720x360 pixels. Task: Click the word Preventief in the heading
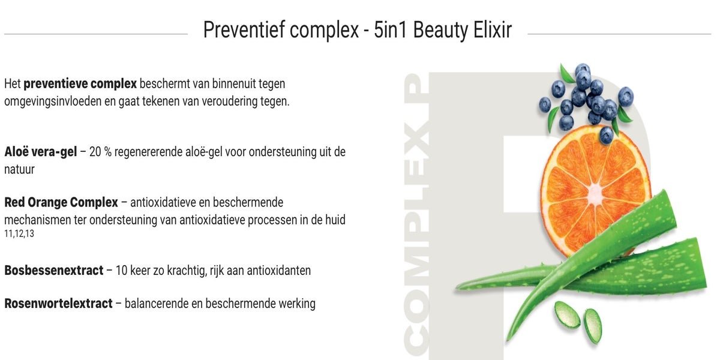click(x=244, y=31)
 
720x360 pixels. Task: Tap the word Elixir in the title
click(x=492, y=30)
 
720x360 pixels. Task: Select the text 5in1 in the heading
click(x=390, y=30)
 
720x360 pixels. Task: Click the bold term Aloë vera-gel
click(x=41, y=152)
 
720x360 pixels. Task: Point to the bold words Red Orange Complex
click(x=61, y=202)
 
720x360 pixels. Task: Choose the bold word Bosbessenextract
click(x=53, y=271)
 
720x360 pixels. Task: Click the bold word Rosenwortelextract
click(x=58, y=304)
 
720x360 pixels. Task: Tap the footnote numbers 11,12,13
click(x=19, y=233)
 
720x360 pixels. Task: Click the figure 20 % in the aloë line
click(x=100, y=152)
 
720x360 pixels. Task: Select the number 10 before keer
click(x=121, y=271)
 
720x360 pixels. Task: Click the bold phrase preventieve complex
click(x=80, y=84)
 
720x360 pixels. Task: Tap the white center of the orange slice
click(x=595, y=193)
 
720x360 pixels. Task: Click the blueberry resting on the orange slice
click(x=607, y=135)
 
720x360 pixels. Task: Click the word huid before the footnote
click(x=335, y=220)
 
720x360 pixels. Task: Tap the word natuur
click(x=19, y=170)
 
